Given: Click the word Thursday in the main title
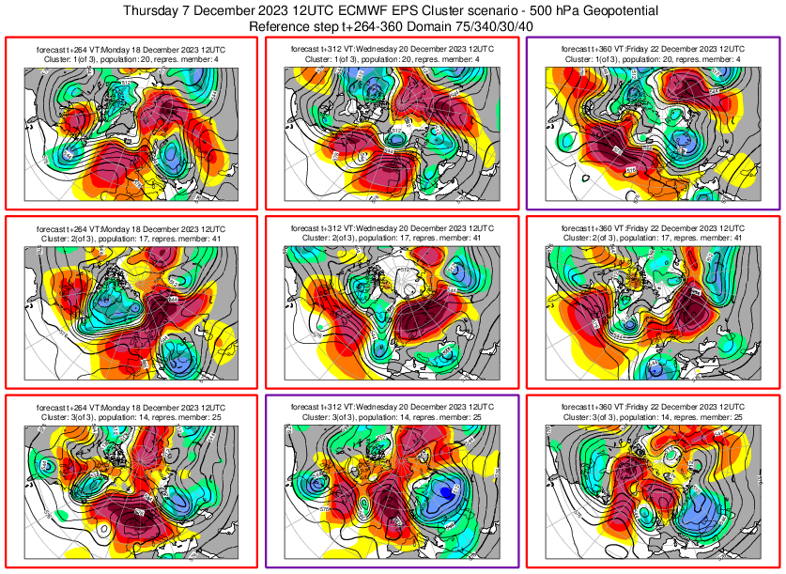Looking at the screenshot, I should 155,10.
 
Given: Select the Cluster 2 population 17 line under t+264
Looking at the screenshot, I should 131,239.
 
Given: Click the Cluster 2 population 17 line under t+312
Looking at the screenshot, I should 392,239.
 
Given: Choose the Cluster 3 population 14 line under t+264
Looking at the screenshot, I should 131,416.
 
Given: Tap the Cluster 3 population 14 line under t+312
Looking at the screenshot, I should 392,416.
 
